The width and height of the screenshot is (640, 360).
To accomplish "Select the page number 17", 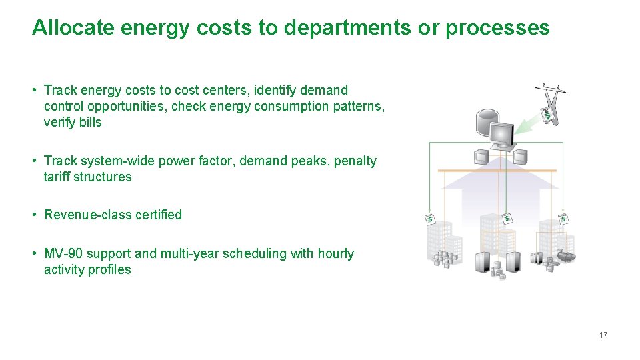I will [603, 335].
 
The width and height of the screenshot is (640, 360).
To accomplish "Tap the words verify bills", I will [73, 122].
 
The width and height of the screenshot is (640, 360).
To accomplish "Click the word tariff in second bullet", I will [57, 177].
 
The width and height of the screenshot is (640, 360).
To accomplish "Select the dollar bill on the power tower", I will [548, 115].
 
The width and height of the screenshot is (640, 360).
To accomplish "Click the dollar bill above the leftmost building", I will [430, 219].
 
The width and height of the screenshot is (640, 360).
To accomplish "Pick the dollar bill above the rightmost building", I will [563, 218].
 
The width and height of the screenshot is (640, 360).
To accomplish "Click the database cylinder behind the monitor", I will [484, 123].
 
